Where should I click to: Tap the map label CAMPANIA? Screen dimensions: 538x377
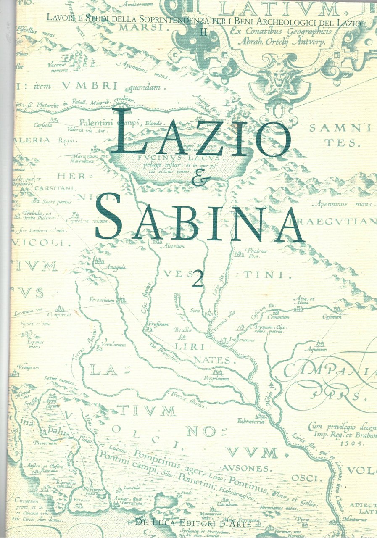pos(328,370)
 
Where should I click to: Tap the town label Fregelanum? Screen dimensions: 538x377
pos(217,378)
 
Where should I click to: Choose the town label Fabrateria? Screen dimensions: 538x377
pos(251,421)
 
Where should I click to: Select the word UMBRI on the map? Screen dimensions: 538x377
pos(90,86)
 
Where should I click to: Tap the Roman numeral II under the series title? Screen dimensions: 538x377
pos(203,32)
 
